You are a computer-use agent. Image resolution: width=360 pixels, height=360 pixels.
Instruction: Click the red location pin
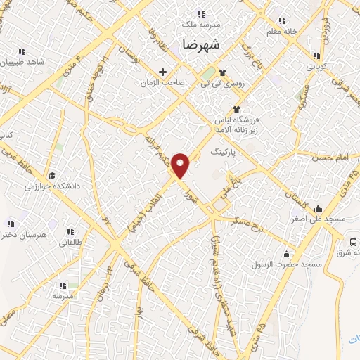pyautogui.click(x=181, y=166)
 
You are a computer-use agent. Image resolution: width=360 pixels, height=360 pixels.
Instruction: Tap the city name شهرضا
pyautogui.click(x=201, y=44)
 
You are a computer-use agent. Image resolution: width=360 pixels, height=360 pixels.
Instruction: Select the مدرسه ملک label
pyautogui.click(x=201, y=24)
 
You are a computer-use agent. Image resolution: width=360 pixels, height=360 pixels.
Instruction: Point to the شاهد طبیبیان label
pyautogui.click(x=22, y=62)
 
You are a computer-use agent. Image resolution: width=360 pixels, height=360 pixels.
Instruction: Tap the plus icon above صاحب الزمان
pyautogui.click(x=163, y=71)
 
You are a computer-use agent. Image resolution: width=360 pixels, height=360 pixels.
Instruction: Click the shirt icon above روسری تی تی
pyautogui.click(x=222, y=72)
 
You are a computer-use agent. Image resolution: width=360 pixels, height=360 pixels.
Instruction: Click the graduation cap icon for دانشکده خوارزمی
pyautogui.click(x=52, y=175)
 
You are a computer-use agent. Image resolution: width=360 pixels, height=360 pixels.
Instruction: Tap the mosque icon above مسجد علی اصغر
pyautogui.click(x=319, y=208)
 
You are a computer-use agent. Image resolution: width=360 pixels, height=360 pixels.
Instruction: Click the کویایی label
pyautogui.click(x=316, y=67)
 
